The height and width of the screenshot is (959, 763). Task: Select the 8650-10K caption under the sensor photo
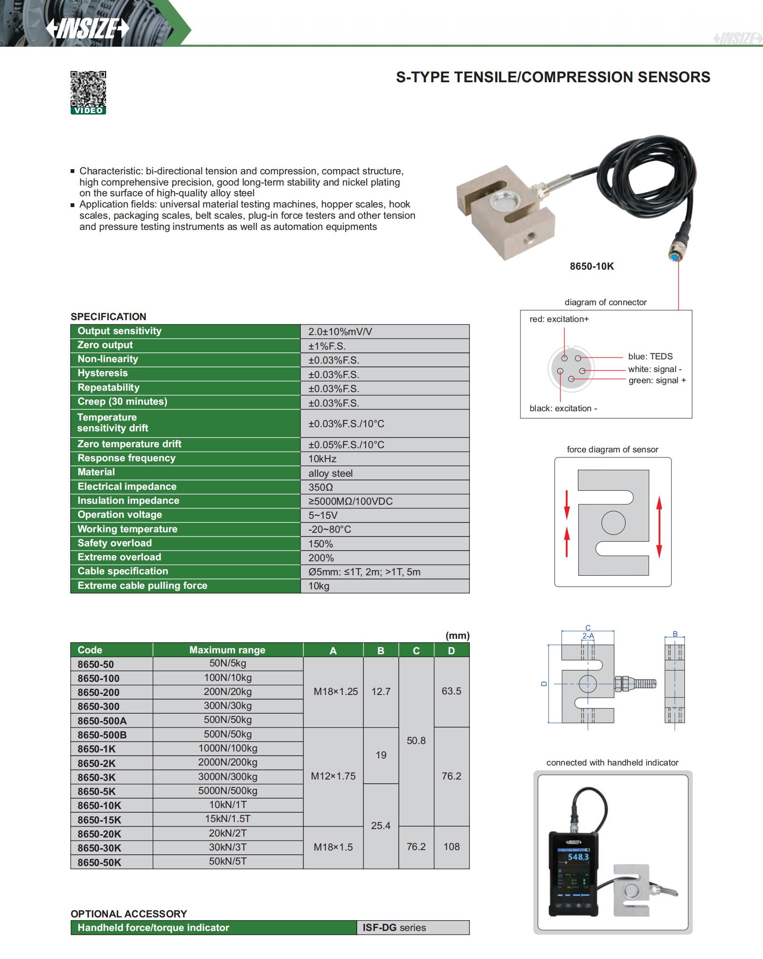tap(591, 266)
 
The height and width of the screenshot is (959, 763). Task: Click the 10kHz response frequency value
tap(322, 459)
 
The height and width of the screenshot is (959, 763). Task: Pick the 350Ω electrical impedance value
tap(321, 487)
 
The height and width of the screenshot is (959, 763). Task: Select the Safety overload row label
tap(115, 543)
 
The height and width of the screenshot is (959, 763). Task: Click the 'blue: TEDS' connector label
tap(650, 357)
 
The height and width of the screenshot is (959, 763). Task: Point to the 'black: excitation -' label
tap(563, 408)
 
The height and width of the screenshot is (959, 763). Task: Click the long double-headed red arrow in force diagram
tap(659, 528)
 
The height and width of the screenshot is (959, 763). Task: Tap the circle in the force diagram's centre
tap(613, 522)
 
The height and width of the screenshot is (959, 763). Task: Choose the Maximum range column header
tap(227, 650)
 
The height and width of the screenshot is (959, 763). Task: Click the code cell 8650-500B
tap(102, 735)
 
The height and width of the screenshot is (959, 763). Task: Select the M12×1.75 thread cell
tap(333, 776)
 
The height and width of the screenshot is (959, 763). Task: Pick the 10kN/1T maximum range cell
tap(228, 805)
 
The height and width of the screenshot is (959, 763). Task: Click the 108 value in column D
tap(451, 847)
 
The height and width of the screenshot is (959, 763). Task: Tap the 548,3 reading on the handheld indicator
tap(578, 857)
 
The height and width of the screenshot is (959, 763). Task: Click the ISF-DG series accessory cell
tap(394, 928)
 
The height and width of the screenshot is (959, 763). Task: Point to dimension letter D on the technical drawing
tap(544, 683)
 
